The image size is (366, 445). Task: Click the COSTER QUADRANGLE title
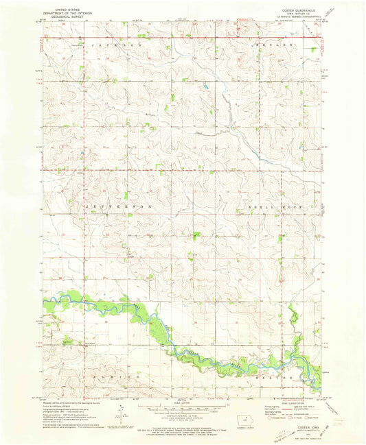pos(297,8)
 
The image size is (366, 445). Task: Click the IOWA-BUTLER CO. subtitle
pos(297,12)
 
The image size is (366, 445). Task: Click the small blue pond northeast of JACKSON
pos(204,87)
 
